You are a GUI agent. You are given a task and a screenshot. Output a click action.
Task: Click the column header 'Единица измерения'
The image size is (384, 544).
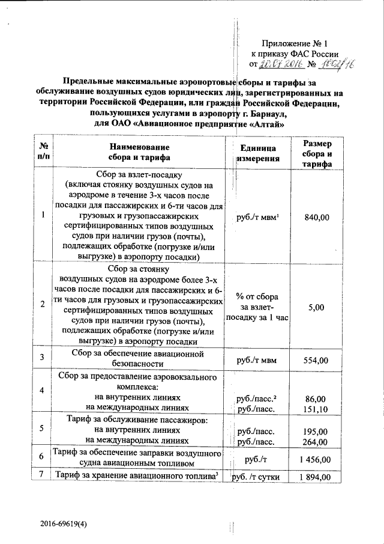tap(257, 153)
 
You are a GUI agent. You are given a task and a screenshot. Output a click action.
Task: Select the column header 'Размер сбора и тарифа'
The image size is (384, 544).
tap(316, 153)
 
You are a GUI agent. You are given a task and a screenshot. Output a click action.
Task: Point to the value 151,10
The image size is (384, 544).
tap(316, 409)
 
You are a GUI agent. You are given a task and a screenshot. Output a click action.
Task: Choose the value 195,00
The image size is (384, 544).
tap(316, 432)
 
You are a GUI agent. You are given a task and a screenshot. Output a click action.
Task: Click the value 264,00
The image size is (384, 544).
tap(316, 442)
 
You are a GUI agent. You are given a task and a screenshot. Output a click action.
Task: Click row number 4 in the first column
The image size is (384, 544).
tap(42, 391)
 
